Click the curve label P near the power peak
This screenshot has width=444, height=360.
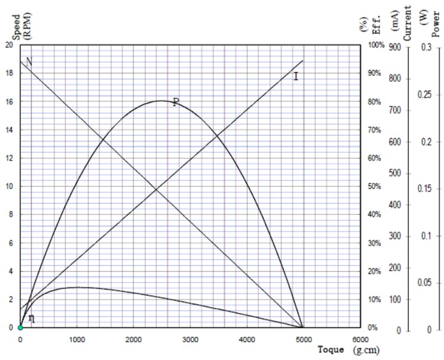pyautogui.click(x=175, y=102)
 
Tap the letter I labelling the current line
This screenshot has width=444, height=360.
pyautogui.click(x=296, y=77)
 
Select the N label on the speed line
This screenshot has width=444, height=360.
pyautogui.click(x=29, y=61)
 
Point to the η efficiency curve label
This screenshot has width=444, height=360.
pyautogui.click(x=31, y=318)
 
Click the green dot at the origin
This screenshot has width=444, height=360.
pyautogui.click(x=20, y=327)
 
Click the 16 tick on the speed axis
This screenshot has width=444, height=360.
pyautogui.click(x=8, y=102)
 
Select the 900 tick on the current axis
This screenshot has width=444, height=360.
pyautogui.click(x=394, y=48)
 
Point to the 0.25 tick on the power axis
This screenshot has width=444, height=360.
pyautogui.click(x=424, y=95)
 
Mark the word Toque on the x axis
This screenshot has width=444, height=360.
pyautogui.click(x=330, y=349)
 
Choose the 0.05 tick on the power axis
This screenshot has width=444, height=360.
pyautogui.click(x=424, y=283)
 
